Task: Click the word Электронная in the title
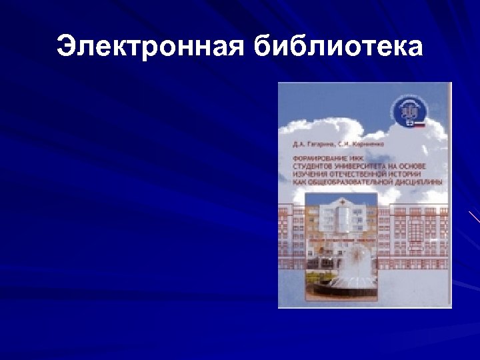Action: pos(151,47)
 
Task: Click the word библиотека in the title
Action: pos(338,47)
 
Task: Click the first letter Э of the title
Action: pos(66,47)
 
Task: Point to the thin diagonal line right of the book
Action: pos(474,216)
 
